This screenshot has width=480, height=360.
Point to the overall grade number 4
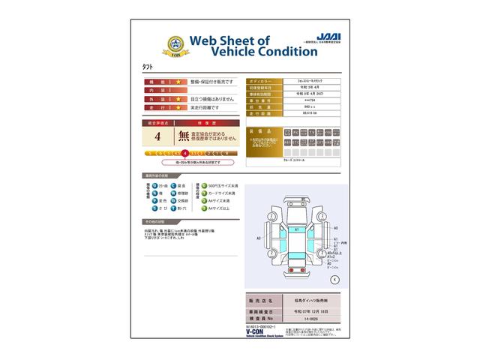157,137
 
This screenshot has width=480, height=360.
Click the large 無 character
184,137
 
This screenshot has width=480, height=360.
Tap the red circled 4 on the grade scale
185,153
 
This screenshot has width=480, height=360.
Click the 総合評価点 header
157,120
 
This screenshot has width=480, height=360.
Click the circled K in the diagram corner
334,278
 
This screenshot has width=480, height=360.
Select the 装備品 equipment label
262,130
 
